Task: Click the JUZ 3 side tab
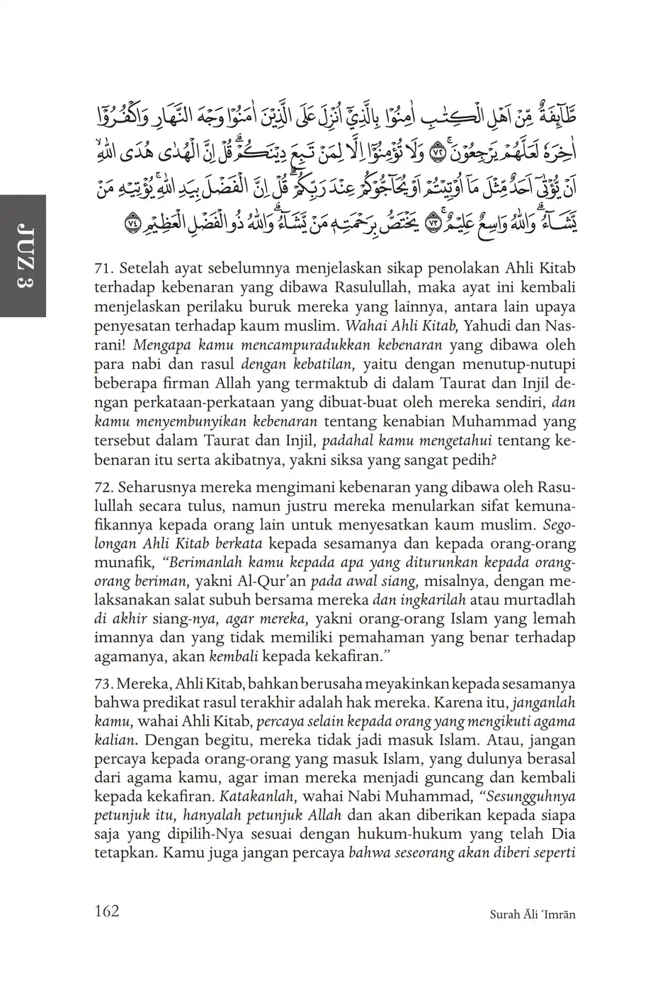pos(23,256)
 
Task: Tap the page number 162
pos(106,910)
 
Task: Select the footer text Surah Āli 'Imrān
pos(533,914)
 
